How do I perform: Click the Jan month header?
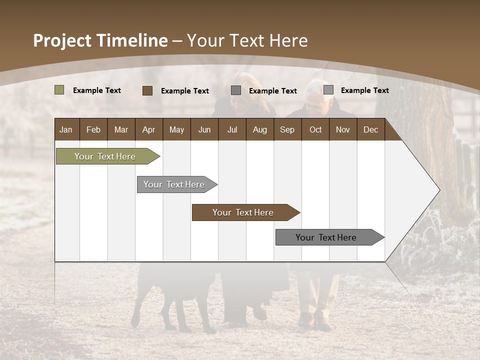click(x=66, y=129)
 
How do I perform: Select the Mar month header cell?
click(x=121, y=129)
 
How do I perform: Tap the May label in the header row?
click(x=176, y=129)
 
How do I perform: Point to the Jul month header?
click(x=232, y=129)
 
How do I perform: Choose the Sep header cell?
click(x=287, y=129)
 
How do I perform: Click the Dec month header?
click(x=370, y=129)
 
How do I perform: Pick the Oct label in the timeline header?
click(x=315, y=129)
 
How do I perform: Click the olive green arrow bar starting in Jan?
click(x=105, y=156)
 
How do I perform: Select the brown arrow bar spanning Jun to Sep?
click(x=243, y=212)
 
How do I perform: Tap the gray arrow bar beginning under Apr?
click(x=174, y=184)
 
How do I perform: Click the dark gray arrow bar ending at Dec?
click(x=326, y=237)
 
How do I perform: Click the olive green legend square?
click(x=59, y=90)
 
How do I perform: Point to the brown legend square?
click(x=147, y=90)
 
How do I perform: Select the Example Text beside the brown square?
click(x=185, y=91)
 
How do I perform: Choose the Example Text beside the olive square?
click(x=97, y=90)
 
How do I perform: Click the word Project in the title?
click(x=63, y=40)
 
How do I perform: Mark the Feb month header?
click(x=93, y=129)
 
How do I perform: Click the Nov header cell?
click(x=343, y=129)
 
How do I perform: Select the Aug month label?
click(x=260, y=129)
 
